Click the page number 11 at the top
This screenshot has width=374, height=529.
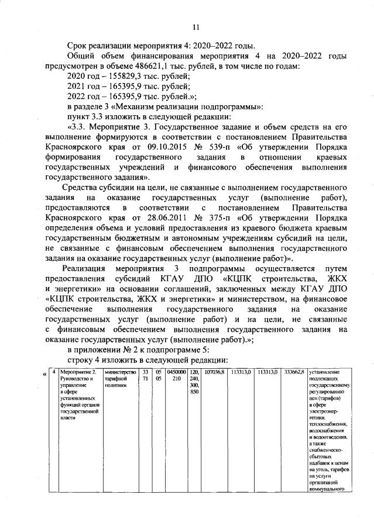pyautogui.click(x=196, y=26)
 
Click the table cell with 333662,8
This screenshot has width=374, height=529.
pyautogui.click(x=293, y=372)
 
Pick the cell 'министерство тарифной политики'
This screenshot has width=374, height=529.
pyautogui.click(x=119, y=379)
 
